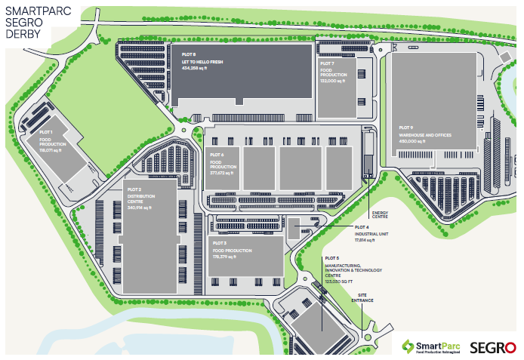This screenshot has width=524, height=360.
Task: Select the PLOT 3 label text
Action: point(220,243)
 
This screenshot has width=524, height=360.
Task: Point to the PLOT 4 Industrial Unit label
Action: point(362,226)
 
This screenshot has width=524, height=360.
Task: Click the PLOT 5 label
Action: point(333,259)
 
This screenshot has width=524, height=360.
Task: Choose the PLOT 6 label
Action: point(217,155)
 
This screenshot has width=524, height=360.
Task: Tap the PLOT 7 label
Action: point(327,64)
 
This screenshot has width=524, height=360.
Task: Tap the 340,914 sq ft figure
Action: point(141,208)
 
